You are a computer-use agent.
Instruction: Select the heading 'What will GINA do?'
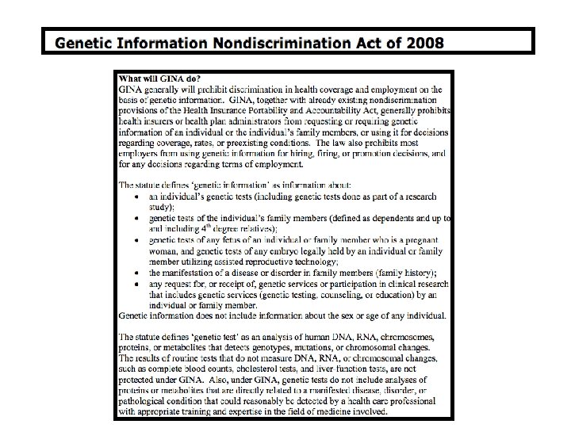tap(159, 78)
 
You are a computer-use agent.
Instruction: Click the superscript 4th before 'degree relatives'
tap(205, 226)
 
